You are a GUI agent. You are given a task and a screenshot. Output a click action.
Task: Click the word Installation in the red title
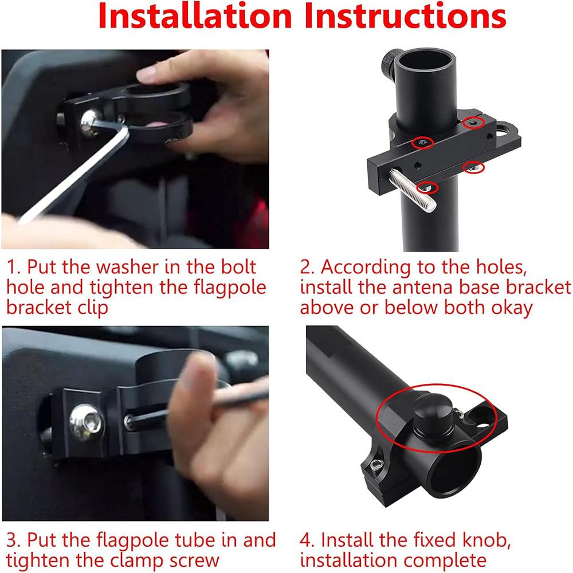pyautogui.click(x=195, y=15)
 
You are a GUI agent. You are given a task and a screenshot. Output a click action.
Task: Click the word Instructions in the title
pyautogui.click(x=405, y=15)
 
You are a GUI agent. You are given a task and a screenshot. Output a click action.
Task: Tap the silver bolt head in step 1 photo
pyautogui.click(x=89, y=123)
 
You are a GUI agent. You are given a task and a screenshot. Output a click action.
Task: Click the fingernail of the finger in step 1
pyautogui.click(x=146, y=74)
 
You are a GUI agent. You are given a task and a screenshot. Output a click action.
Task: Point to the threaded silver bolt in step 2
pyautogui.click(x=412, y=190)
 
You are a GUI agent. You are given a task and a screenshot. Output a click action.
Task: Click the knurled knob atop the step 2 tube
pyautogui.click(x=391, y=64)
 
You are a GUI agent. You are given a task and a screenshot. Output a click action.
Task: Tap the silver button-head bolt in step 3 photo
pyautogui.click(x=87, y=422)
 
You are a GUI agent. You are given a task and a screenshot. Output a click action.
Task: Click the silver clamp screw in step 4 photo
pyautogui.click(x=376, y=465)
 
